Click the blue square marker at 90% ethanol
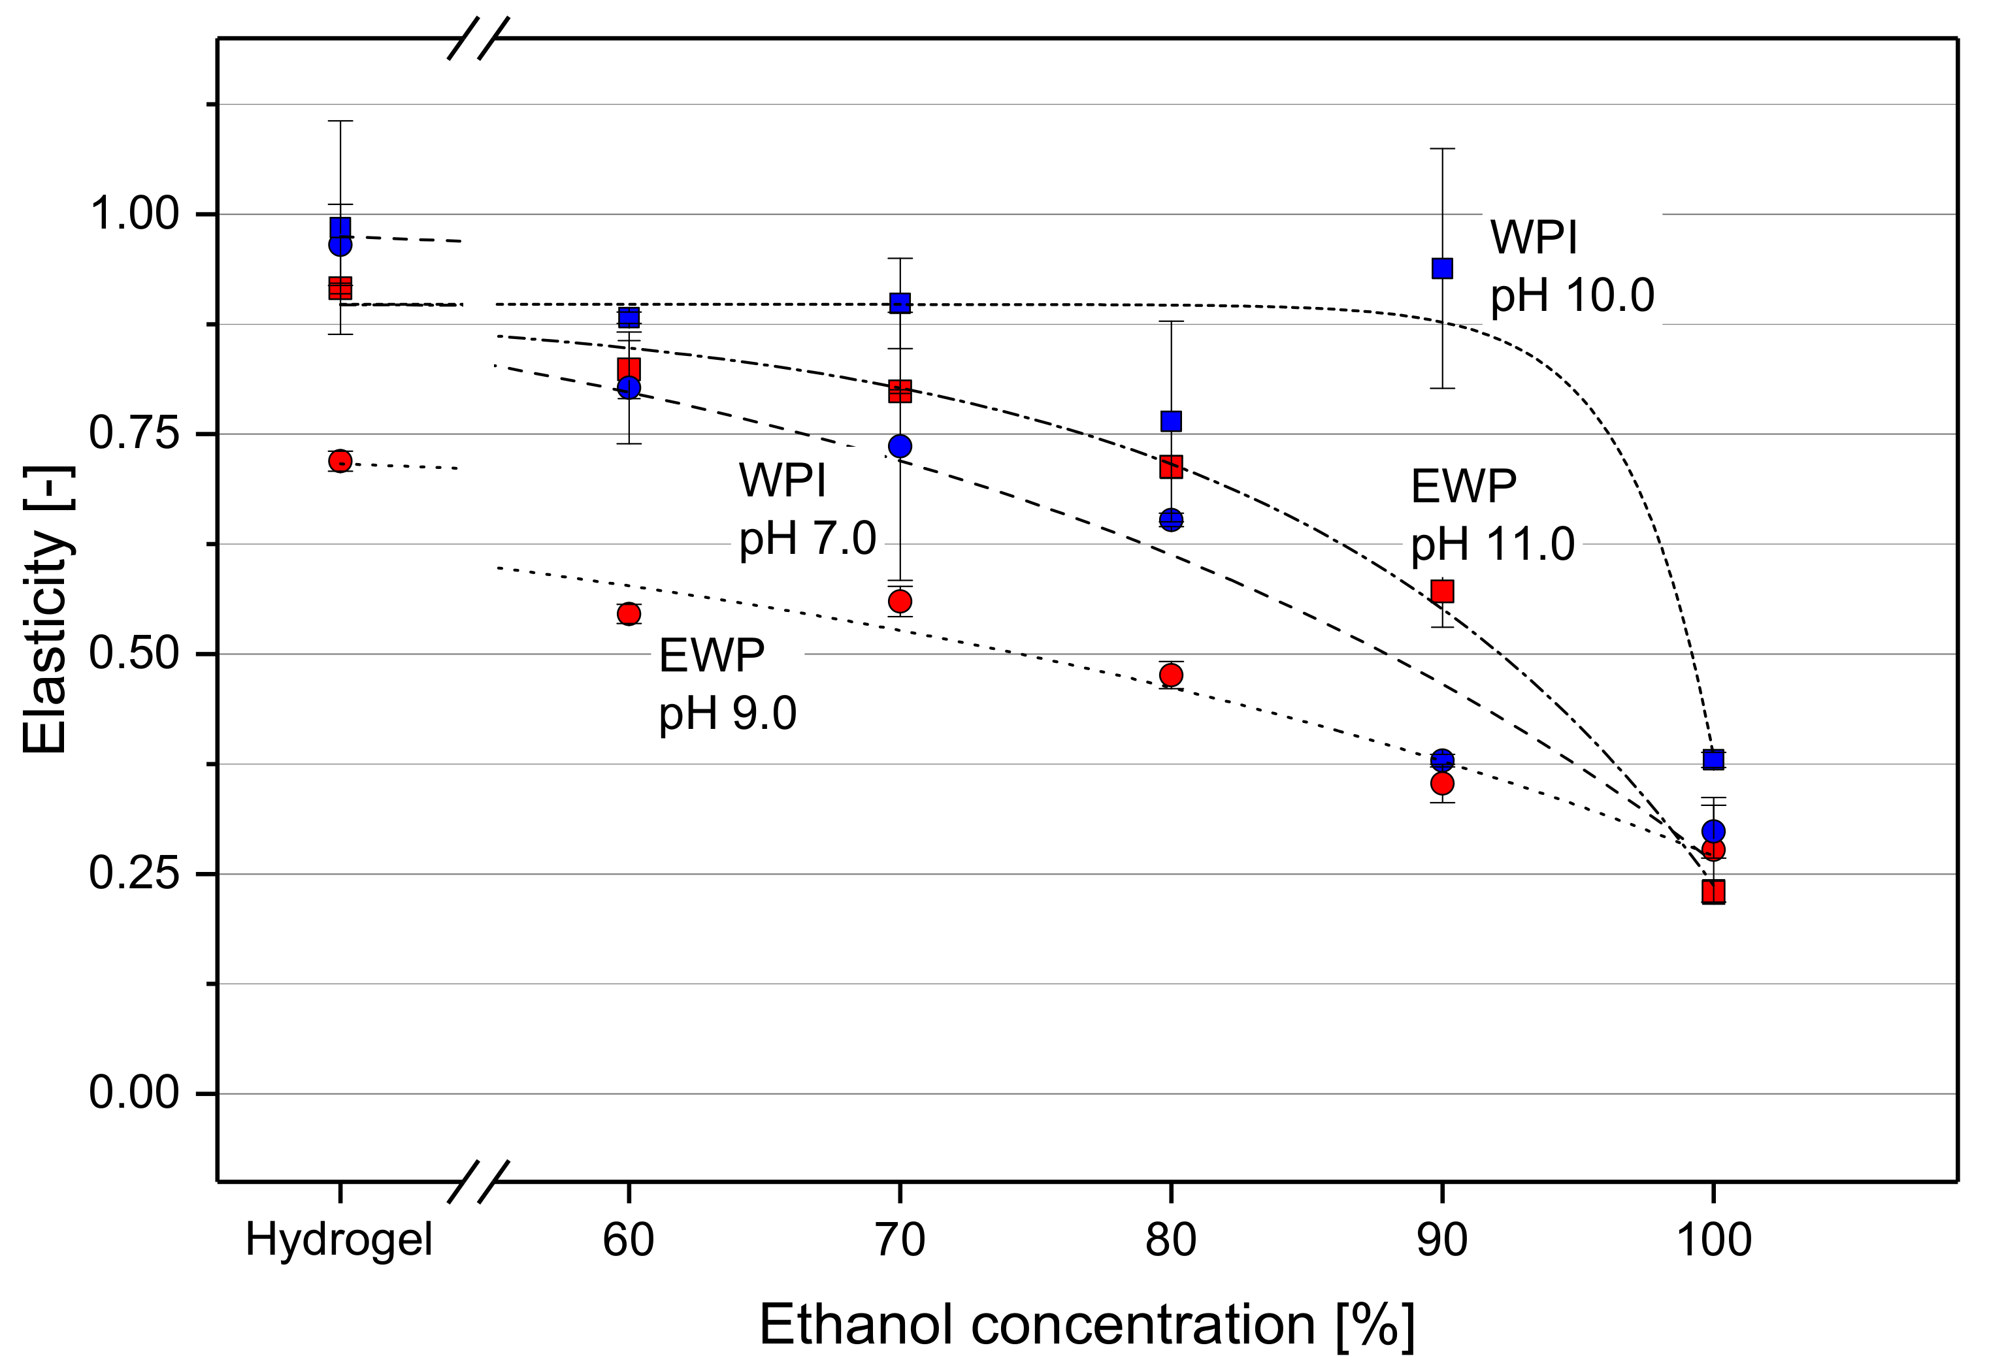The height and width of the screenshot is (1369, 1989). coord(1442,268)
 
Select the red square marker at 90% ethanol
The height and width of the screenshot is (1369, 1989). coord(1442,591)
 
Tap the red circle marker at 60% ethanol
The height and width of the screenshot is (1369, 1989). coord(629,614)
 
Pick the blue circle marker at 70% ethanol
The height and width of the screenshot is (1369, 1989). coord(900,446)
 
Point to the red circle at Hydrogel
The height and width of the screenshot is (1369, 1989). coord(340,462)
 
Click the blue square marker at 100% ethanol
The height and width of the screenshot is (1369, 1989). coord(1713,759)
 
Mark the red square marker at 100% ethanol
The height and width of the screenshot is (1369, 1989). coord(1713,892)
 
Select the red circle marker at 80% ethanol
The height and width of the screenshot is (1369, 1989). coord(1172,675)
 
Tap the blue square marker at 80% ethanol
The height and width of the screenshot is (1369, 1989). coord(1172,421)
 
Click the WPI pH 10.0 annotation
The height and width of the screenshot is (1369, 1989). coord(1571,266)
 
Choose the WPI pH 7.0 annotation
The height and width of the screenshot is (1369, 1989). coord(806,509)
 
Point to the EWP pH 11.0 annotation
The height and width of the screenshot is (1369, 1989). coord(1492,515)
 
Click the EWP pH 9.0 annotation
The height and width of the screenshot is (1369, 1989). coord(727,684)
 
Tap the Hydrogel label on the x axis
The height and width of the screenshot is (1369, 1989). coord(339,1240)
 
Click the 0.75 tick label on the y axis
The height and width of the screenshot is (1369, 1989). coord(134,434)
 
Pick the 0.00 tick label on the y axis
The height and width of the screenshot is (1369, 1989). coord(134,1093)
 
